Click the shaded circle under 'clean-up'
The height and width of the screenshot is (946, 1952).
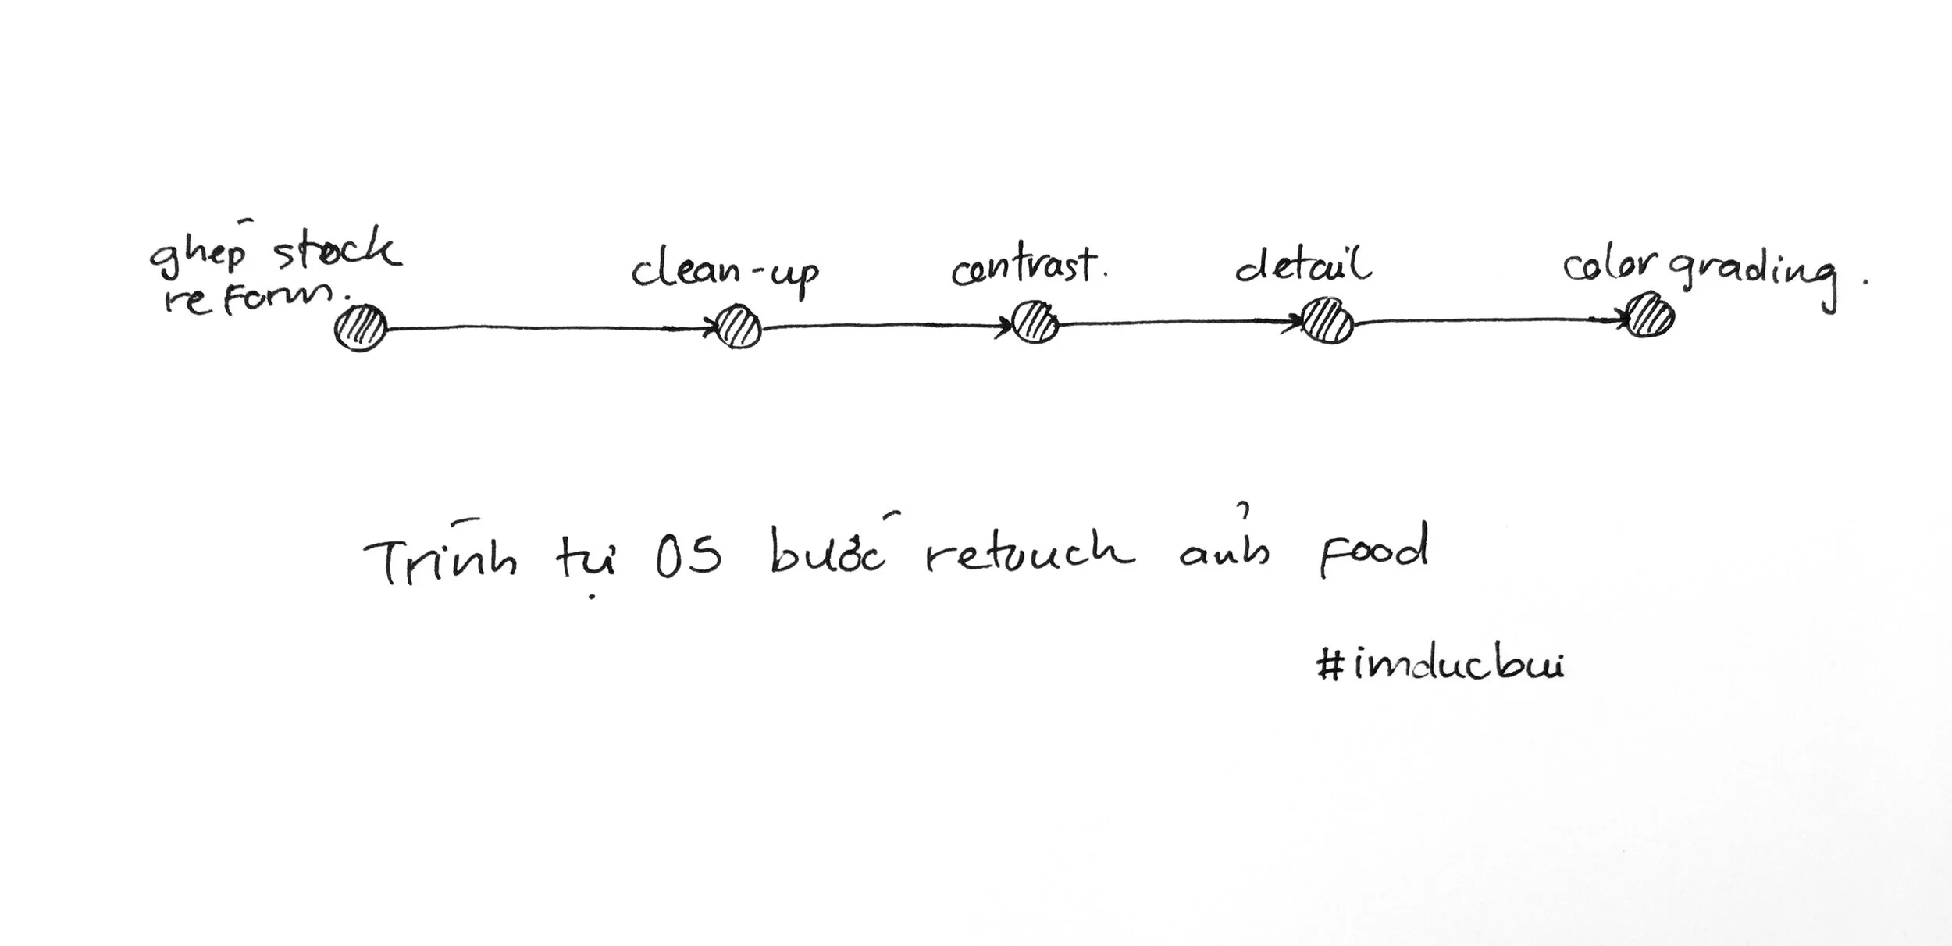coord(739,327)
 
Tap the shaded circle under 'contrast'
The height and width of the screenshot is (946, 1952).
coord(1035,322)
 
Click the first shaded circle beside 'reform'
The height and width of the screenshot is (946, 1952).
coord(361,328)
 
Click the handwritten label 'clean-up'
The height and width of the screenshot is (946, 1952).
coord(725,273)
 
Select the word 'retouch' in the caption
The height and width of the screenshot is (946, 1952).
coord(1030,552)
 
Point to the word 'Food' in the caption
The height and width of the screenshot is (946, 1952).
coord(1373,551)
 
